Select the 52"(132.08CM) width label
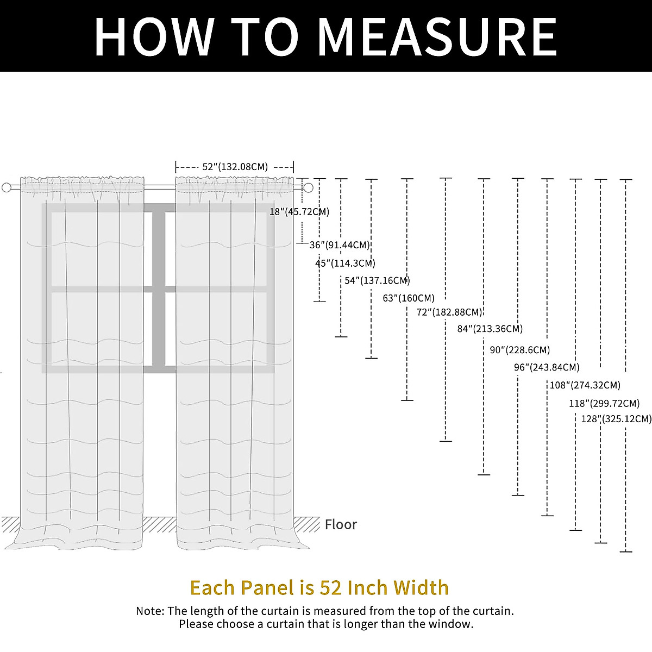coord(235,167)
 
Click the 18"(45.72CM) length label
coord(299,211)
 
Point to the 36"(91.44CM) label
coord(340,245)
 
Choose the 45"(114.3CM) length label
coord(345,263)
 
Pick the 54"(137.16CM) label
coord(377,281)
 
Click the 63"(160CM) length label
coord(409,298)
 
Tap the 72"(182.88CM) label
coord(449,312)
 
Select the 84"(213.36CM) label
coord(490,329)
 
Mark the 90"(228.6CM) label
coord(520,350)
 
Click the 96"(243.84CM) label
coord(547,367)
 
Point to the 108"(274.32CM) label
coord(585,385)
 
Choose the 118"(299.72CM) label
coord(604,403)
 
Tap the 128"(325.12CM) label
coord(616,418)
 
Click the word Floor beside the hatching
coord(341,524)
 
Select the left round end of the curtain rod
coord(7,187)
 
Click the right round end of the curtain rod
coord(308,187)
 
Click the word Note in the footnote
coord(149,611)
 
